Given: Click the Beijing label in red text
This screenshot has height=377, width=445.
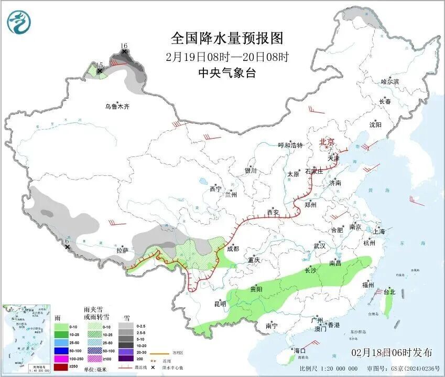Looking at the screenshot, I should click(x=327, y=142).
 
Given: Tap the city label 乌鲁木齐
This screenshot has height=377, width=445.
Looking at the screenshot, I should click(x=116, y=106).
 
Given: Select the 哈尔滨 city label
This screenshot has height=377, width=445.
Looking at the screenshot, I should click(x=390, y=82).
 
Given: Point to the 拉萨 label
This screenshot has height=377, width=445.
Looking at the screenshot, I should click(x=122, y=250).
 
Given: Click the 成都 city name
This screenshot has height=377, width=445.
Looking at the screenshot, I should click(x=233, y=249).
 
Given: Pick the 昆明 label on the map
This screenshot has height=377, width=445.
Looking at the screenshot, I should click(x=220, y=303).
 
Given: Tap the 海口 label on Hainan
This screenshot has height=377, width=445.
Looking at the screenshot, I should click(x=299, y=350).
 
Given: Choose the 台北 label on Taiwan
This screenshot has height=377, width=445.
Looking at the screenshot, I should click(x=389, y=291).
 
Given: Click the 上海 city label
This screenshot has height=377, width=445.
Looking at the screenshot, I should click(x=379, y=231).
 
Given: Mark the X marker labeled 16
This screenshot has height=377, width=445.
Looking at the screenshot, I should click(x=124, y=51).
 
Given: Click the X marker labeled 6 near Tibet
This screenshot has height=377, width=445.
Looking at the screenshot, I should click(x=67, y=247).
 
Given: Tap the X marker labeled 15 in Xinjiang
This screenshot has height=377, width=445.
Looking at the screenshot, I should click(x=100, y=70).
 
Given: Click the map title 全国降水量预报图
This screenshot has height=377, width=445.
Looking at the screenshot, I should click(x=227, y=38).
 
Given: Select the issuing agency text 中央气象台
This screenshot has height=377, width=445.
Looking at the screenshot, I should click(x=227, y=74).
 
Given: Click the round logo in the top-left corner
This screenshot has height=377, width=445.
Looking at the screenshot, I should click(x=19, y=22).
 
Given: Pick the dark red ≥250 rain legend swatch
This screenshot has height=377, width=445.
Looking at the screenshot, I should click(x=61, y=366).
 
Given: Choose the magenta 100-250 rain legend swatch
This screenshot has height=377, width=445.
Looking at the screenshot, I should click(x=61, y=358).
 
